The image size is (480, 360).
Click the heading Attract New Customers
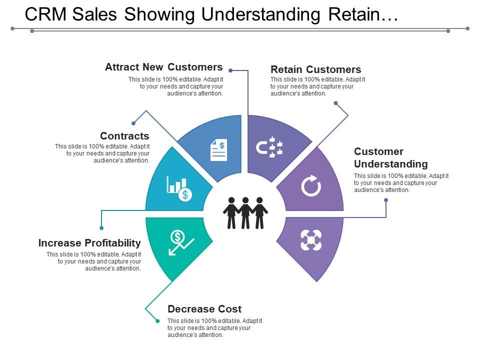[x=164, y=67]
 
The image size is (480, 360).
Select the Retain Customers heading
[x=316, y=69]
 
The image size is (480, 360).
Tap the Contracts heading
[x=124, y=136]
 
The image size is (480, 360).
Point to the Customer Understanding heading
[x=391, y=158]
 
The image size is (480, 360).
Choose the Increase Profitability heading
[x=89, y=243]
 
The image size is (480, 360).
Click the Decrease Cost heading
[x=204, y=309]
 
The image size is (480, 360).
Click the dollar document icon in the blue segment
[x=218, y=149]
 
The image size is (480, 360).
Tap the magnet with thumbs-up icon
[x=269, y=147]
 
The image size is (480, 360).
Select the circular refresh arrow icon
[x=311, y=186]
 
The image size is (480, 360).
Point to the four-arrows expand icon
[x=311, y=240]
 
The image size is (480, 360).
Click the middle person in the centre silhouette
[x=245, y=213]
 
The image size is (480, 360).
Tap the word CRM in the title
[x=45, y=14]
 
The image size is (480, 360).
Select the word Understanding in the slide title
[x=261, y=14]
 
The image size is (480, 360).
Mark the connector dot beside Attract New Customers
[x=230, y=70]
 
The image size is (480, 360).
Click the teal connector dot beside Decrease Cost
[x=157, y=321]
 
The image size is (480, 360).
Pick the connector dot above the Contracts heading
[x=133, y=123]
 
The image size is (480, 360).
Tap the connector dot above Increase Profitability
[x=101, y=228]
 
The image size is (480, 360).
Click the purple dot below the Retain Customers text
[x=336, y=103]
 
